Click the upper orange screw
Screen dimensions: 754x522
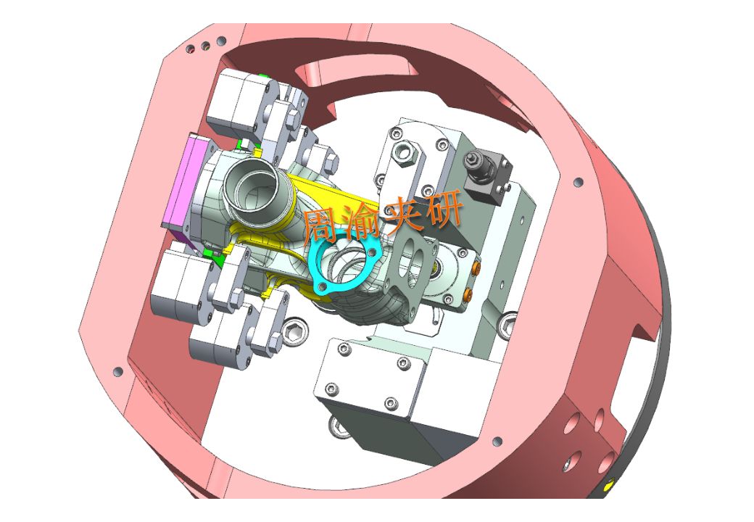pos(476,268)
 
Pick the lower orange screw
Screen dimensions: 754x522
pos(468,294)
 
